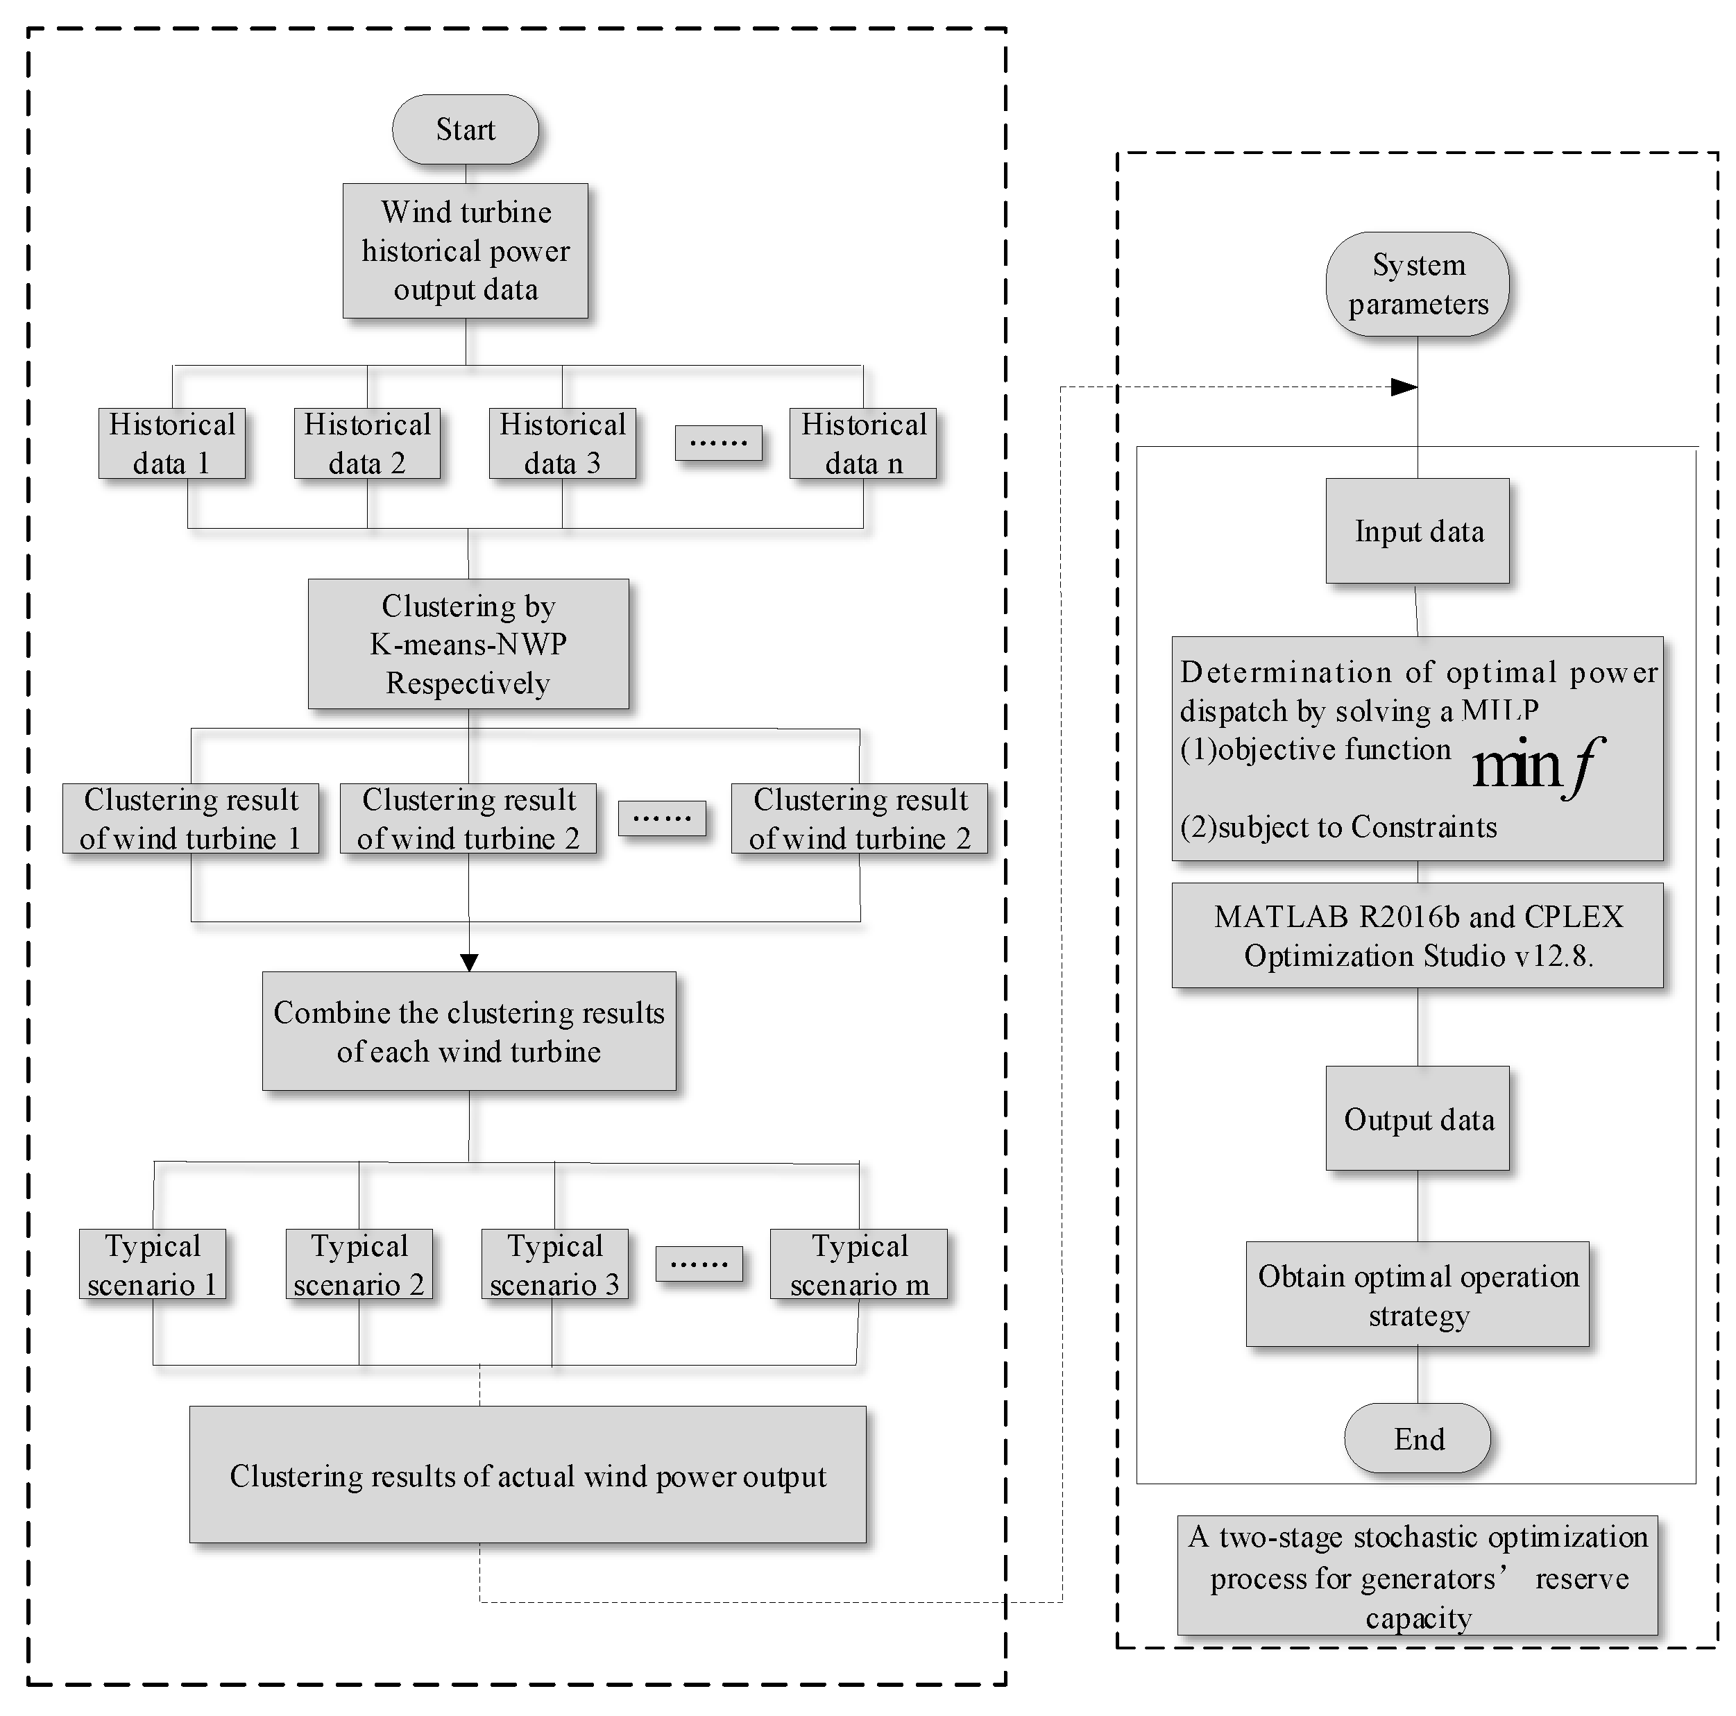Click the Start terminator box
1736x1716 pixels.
[x=466, y=129]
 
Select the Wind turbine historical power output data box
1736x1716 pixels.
[x=466, y=250]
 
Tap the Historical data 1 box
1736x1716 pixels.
[x=171, y=443]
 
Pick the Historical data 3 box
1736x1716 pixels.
[x=563, y=443]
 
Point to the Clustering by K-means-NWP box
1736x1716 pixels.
[x=468, y=644]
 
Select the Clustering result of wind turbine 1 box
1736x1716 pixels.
[x=191, y=819]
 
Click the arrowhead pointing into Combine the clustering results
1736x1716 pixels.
[x=469, y=962]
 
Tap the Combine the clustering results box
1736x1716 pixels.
[x=469, y=1031]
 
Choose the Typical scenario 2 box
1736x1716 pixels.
[x=359, y=1264]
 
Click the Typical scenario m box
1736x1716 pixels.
[x=859, y=1264]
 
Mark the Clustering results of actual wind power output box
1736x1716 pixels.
[x=527, y=1475]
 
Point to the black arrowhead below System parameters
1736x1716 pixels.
[x=1404, y=387]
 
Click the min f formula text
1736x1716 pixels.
[x=1537, y=765]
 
